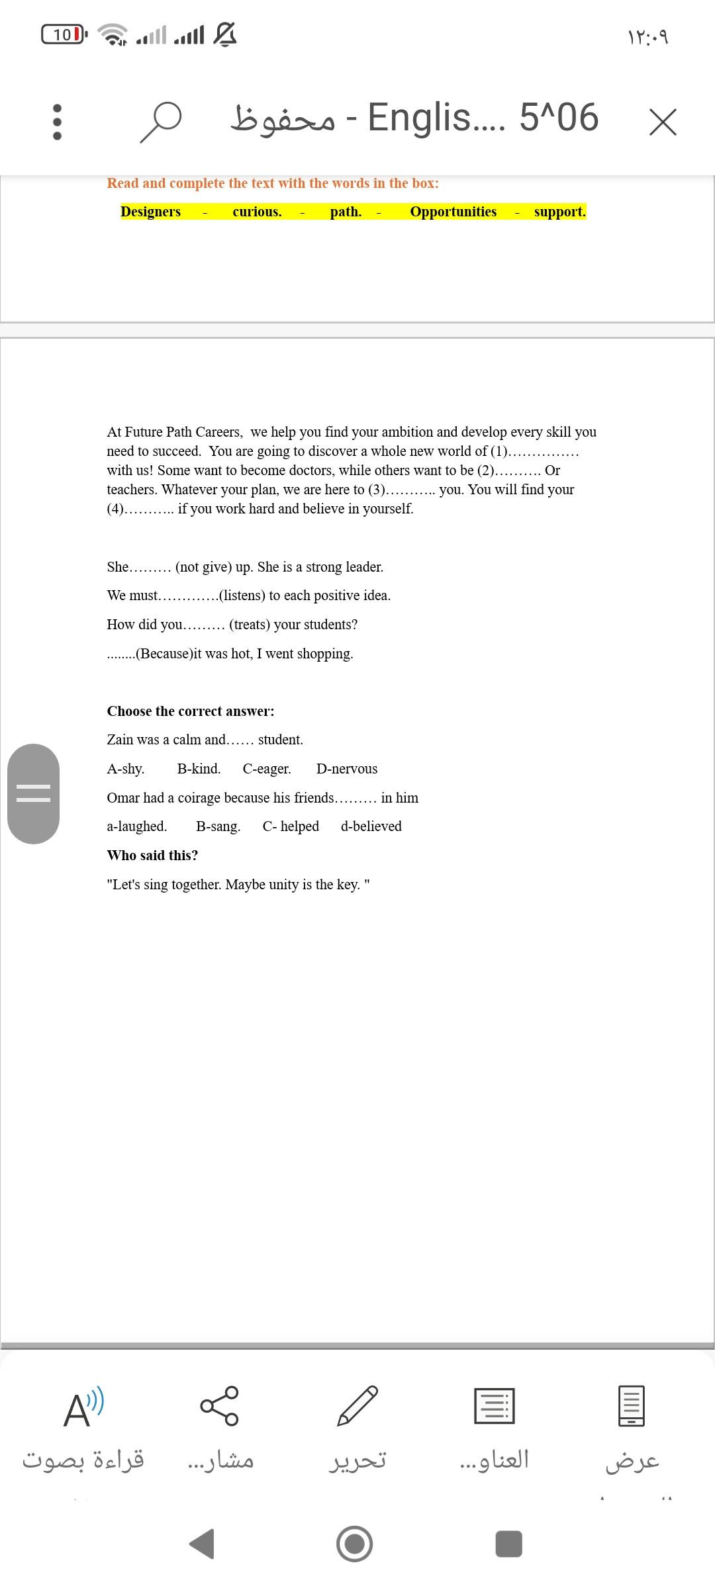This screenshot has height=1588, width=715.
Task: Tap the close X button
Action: [663, 122]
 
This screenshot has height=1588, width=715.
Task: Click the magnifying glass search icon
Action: [160, 121]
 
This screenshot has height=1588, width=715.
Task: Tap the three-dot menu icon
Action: [57, 122]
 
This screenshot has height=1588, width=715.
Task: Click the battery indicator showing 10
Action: [64, 34]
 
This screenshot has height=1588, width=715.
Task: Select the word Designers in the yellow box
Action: [150, 212]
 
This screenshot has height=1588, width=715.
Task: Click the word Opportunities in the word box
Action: [453, 212]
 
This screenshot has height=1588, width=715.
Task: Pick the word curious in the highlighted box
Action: [257, 212]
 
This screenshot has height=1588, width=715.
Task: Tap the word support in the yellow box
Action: [559, 212]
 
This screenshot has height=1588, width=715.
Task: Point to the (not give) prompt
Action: [213, 567]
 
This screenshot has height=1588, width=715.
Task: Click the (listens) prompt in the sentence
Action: [242, 595]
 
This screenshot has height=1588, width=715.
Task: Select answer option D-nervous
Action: [347, 769]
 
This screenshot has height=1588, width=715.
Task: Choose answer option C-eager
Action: [267, 769]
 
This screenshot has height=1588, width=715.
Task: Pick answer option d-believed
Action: [371, 826]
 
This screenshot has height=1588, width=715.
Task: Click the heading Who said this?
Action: [152, 856]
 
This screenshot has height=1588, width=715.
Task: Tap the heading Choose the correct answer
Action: [191, 711]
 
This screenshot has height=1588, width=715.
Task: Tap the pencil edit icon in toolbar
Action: [358, 1405]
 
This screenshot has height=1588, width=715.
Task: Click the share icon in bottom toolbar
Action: [220, 1405]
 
